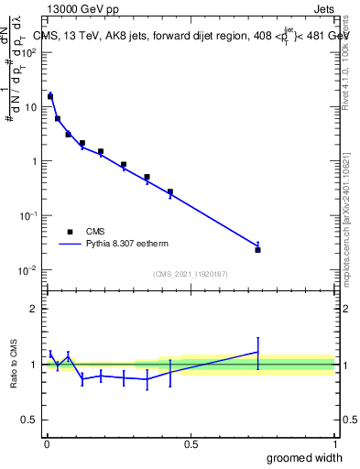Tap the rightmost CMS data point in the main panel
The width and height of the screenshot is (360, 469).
pos(257,249)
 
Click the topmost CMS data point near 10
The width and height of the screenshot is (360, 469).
pos(50,96)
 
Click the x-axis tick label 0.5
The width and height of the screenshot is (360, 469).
pos(190,444)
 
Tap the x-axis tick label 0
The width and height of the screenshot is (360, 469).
pos(46,444)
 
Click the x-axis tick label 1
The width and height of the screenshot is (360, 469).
pos(334,444)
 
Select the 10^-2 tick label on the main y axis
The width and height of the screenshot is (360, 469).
pos(27,270)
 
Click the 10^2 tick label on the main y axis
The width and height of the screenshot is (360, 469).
pos(28,52)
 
